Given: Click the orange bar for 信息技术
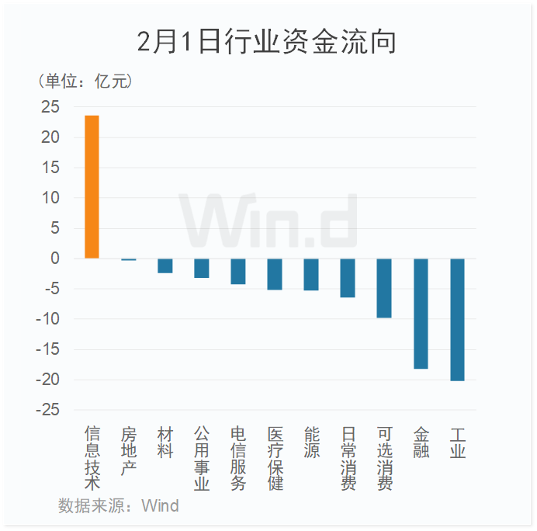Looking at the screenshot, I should tap(92, 187).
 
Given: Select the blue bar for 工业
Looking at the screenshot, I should tap(457, 319).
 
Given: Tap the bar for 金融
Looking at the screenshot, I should tap(421, 313).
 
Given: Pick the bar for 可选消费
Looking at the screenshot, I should tap(384, 288).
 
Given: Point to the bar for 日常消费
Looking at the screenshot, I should tap(348, 278).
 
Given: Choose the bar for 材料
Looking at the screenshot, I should tap(165, 265).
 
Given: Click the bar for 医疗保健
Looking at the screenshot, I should tap(275, 274).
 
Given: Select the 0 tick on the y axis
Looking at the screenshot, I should tap(55, 259).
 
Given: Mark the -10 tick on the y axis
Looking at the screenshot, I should tap(47, 319).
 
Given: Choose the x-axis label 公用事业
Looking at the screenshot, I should tap(202, 458).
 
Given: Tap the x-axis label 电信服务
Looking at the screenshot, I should tap(238, 458).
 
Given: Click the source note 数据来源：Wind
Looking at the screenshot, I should tap(118, 506).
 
